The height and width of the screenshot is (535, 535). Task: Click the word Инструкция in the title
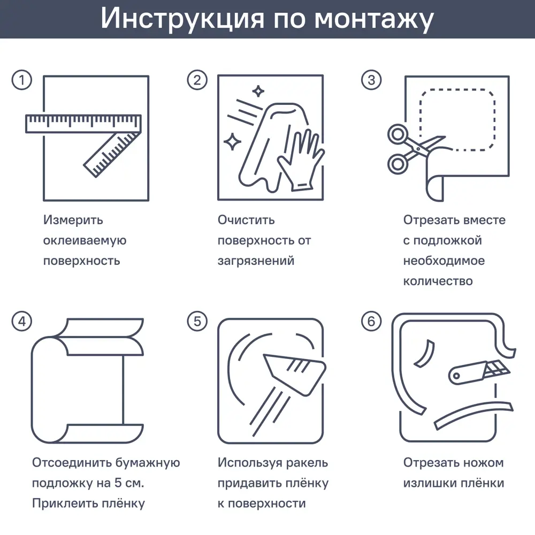[x=181, y=19]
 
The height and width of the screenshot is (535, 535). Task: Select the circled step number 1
[x=22, y=80]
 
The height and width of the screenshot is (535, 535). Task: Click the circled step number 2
[x=197, y=80]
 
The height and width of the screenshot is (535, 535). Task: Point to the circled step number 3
[x=371, y=80]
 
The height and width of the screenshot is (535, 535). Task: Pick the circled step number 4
[x=22, y=321]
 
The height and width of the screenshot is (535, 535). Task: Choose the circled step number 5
[x=197, y=321]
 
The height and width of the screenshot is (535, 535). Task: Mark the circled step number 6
[x=371, y=321]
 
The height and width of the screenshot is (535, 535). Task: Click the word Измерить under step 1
[x=73, y=220]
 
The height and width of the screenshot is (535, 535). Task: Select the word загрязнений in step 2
[x=256, y=261]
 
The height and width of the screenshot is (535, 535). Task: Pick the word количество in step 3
[x=438, y=281]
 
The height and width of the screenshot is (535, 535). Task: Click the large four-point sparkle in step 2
[x=232, y=142]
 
